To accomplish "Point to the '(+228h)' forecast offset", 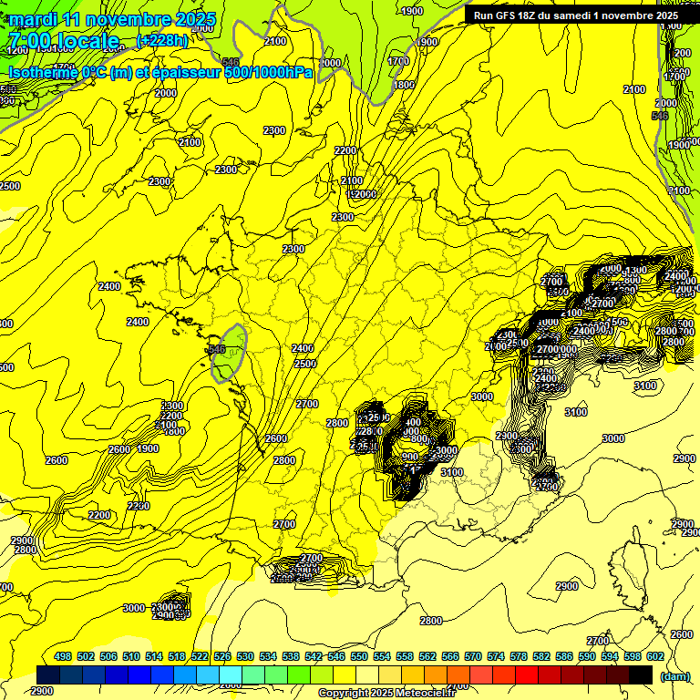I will pos(162,40).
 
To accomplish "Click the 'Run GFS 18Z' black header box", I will pos(575,15).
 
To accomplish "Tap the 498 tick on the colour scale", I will pos(63,656).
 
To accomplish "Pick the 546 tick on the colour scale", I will pos(336,656).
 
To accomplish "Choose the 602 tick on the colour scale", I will pos(655,656).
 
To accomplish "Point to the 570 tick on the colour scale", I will pos(473,656).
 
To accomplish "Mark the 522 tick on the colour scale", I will pos(200,656).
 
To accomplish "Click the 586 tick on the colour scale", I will pos(564,656).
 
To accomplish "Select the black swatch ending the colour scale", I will pos(641,674).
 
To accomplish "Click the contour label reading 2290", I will pos(139,506).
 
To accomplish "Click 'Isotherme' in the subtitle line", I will pos(43,72).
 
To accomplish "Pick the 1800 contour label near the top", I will pos(404,85).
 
